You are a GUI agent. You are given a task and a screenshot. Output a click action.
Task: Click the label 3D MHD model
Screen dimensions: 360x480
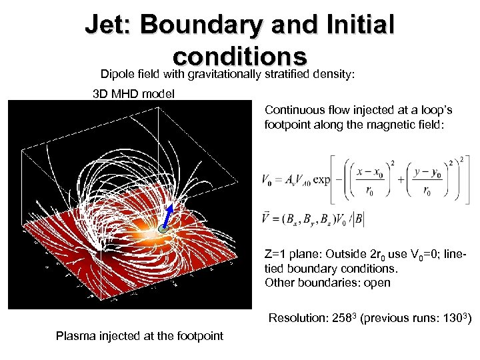click(133, 93)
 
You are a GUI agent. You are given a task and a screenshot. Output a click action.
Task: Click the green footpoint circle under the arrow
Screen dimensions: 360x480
click(163, 229)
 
